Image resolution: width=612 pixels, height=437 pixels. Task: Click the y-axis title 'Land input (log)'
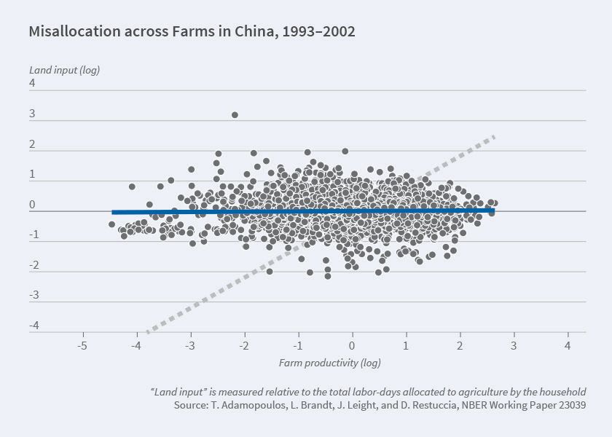click(64, 70)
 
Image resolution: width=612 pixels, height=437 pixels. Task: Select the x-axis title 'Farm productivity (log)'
click(330, 362)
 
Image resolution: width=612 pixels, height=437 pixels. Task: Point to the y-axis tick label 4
click(32, 83)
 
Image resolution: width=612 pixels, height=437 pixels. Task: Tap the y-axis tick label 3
click(32, 114)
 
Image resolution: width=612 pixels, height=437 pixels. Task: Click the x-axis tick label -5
click(82, 345)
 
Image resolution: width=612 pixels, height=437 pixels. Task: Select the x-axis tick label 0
click(352, 345)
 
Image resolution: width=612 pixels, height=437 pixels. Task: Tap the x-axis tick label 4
click(568, 345)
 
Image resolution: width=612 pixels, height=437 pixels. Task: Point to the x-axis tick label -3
click(190, 345)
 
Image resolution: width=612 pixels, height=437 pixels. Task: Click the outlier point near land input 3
click(235, 114)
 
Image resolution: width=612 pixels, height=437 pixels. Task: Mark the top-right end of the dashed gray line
click(495, 135)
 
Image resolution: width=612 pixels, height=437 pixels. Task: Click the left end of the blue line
click(113, 212)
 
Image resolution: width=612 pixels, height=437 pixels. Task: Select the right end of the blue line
click(493, 210)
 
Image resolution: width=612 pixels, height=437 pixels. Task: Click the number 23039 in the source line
click(570, 404)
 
